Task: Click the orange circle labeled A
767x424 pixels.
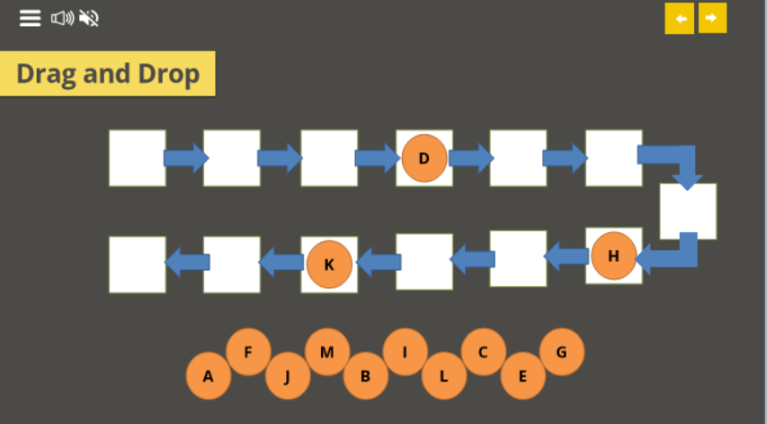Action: [x=209, y=376]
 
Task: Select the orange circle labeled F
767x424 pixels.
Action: [x=248, y=352]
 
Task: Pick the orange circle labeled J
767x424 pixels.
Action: [x=288, y=376]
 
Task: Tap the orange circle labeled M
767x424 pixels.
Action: [x=327, y=352]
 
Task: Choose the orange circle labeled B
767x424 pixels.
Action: [x=366, y=376]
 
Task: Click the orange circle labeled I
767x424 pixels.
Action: [x=405, y=352]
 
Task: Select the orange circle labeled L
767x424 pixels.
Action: [x=443, y=376]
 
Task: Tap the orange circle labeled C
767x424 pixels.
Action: [x=483, y=352]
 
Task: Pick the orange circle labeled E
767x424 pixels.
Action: [x=522, y=376]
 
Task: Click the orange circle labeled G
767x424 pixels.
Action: [x=562, y=352]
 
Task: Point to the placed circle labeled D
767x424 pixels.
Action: [x=424, y=158]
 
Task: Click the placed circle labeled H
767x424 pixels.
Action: [x=613, y=256]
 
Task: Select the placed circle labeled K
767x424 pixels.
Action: [x=328, y=265]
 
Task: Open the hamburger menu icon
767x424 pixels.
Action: [x=31, y=18]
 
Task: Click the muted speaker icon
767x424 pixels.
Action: [x=89, y=18]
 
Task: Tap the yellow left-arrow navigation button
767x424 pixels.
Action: [x=680, y=18]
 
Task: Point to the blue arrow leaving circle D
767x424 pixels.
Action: [x=470, y=158]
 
